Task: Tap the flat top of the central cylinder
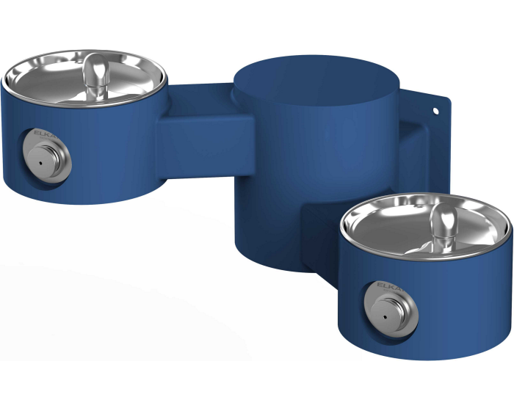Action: (314, 77)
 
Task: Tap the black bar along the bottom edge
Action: (257, 386)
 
